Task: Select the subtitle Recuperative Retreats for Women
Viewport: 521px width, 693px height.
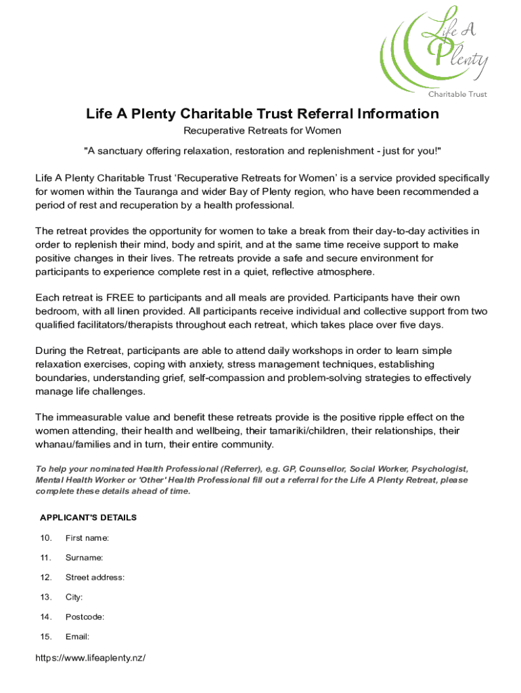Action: click(x=263, y=130)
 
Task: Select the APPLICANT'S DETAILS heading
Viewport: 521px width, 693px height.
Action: click(x=88, y=518)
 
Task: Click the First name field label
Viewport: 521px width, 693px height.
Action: click(x=87, y=538)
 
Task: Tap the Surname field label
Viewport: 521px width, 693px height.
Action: click(x=84, y=558)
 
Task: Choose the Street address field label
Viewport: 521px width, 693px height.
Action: click(x=95, y=577)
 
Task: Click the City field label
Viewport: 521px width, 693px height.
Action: click(x=74, y=597)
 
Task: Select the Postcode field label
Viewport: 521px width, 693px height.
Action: click(x=85, y=617)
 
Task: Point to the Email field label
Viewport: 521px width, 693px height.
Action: click(x=77, y=636)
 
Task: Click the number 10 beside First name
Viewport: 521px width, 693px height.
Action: click(x=46, y=538)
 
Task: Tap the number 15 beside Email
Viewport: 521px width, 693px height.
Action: click(x=46, y=636)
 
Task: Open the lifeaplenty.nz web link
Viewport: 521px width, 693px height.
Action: click(x=91, y=657)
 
